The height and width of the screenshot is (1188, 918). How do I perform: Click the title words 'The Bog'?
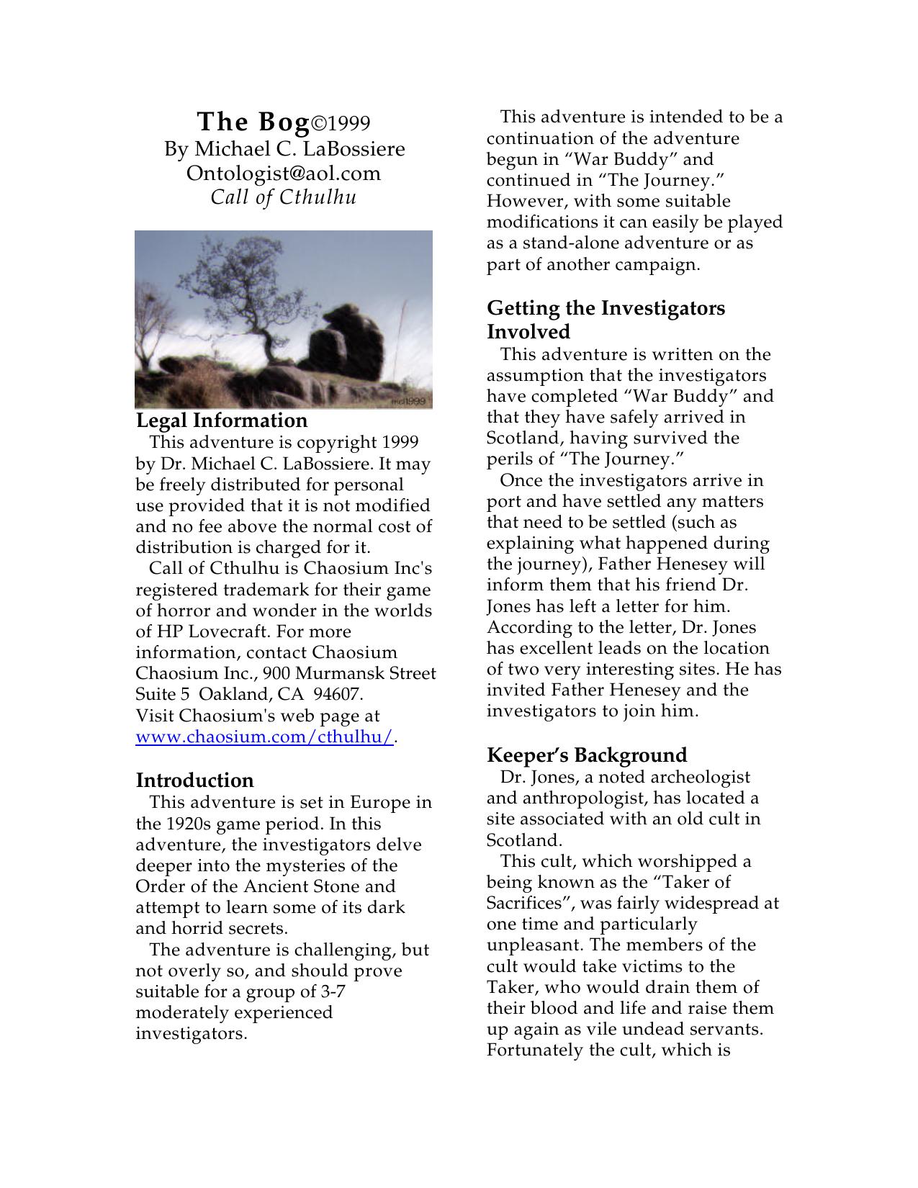[253, 122]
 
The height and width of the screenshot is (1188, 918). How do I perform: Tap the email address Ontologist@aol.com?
[284, 174]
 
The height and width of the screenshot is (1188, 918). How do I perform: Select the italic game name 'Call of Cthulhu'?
[284, 197]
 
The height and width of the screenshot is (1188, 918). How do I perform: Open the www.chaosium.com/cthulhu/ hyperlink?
[264, 737]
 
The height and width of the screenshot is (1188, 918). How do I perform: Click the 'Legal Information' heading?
[222, 420]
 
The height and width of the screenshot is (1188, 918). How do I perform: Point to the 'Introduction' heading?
[194, 780]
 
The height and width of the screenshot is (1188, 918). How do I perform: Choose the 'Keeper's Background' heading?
[587, 755]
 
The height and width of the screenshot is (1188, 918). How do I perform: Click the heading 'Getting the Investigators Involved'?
[606, 320]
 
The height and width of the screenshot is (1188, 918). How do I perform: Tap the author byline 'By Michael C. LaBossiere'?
[284, 149]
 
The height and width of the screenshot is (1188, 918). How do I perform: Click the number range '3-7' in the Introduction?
[332, 992]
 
